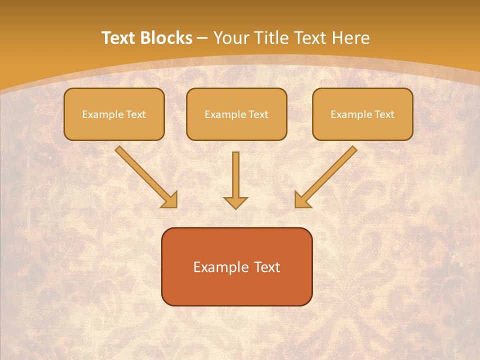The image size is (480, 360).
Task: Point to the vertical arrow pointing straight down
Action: tap(235, 175)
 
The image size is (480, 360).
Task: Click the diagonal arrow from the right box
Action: tap(330, 172)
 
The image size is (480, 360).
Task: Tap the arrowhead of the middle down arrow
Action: tap(235, 202)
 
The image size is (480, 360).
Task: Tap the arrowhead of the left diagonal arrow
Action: tap(170, 200)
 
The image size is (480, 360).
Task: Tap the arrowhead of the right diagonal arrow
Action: tap(302, 200)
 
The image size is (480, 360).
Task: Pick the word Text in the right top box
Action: tap(384, 114)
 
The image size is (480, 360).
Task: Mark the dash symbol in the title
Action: tap(203, 38)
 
